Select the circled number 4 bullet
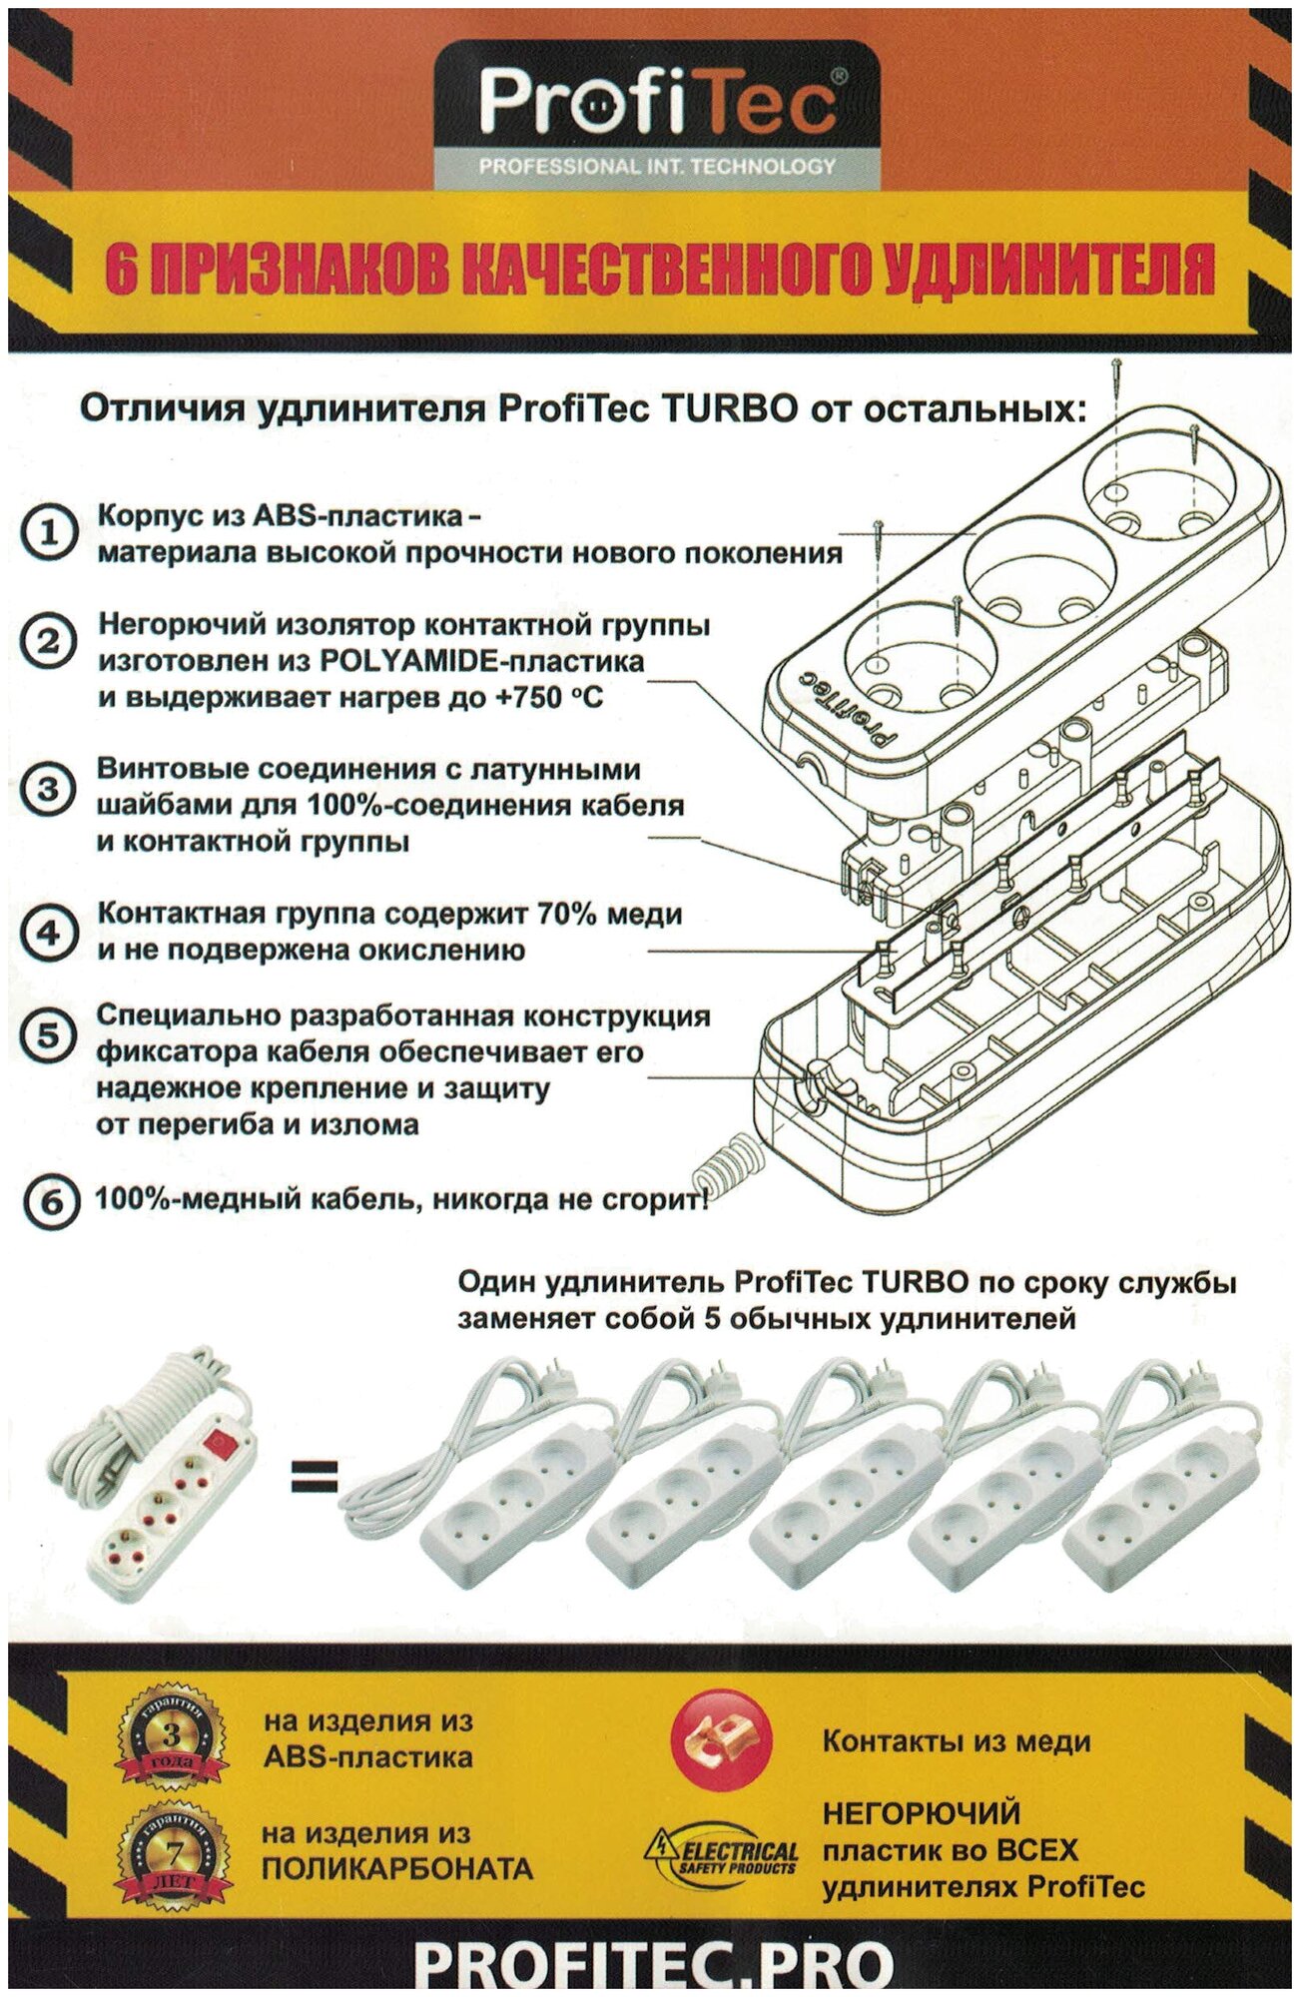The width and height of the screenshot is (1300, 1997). [x=47, y=933]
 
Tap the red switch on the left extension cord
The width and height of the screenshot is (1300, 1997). [x=218, y=1442]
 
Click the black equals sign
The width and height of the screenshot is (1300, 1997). [x=314, y=1475]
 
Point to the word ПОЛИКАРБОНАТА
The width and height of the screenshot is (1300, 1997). [x=397, y=1868]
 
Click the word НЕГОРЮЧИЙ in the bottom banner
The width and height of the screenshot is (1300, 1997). [x=921, y=1813]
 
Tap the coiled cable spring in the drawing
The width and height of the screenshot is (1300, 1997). [x=725, y=1162]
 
